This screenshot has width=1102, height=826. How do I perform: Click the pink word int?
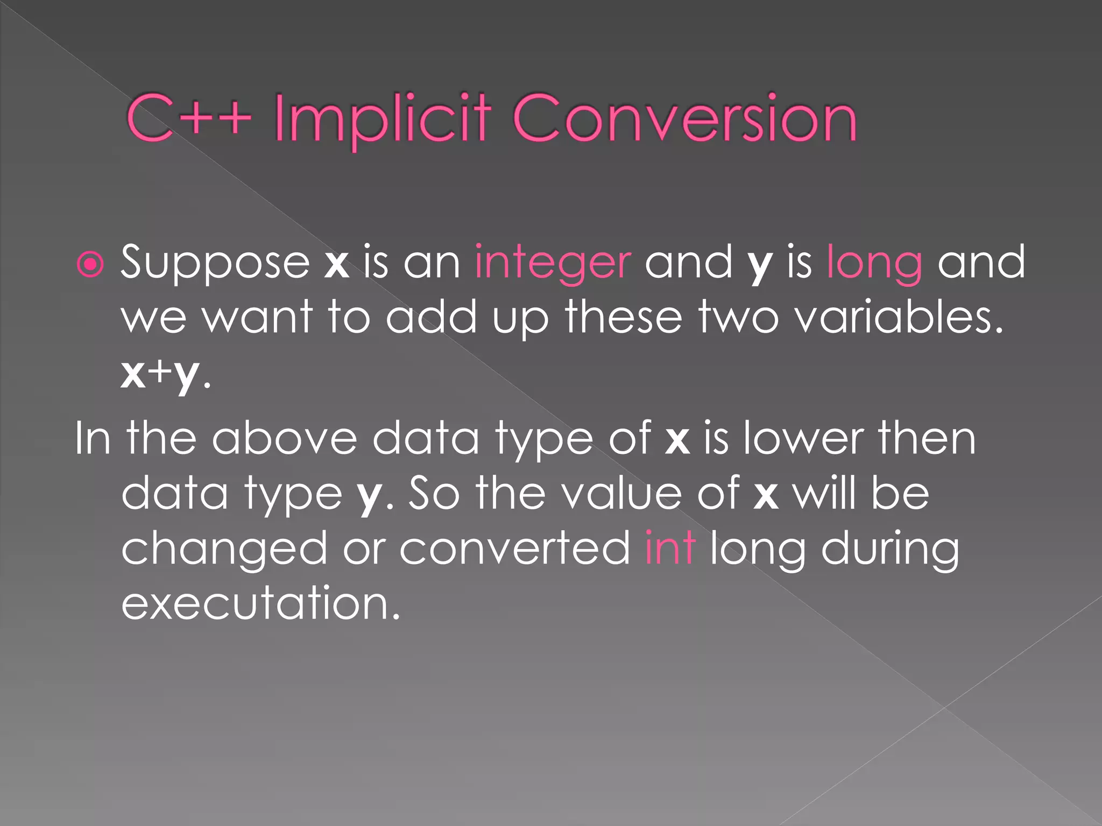click(670, 549)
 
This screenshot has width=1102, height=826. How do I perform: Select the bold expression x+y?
click(160, 374)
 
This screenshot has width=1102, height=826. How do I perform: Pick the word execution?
click(260, 603)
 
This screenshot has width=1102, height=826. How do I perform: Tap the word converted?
click(515, 549)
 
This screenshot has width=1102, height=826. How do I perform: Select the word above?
click(284, 439)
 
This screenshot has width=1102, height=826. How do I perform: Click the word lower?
click(804, 439)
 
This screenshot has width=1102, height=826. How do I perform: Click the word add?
click(431, 317)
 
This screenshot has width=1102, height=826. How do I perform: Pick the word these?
click(623, 317)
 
